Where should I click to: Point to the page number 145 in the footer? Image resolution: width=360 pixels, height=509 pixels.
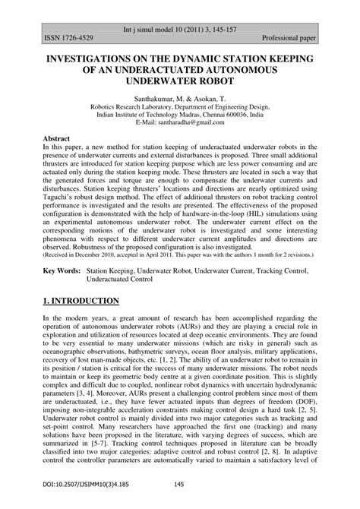coord(180,485)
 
